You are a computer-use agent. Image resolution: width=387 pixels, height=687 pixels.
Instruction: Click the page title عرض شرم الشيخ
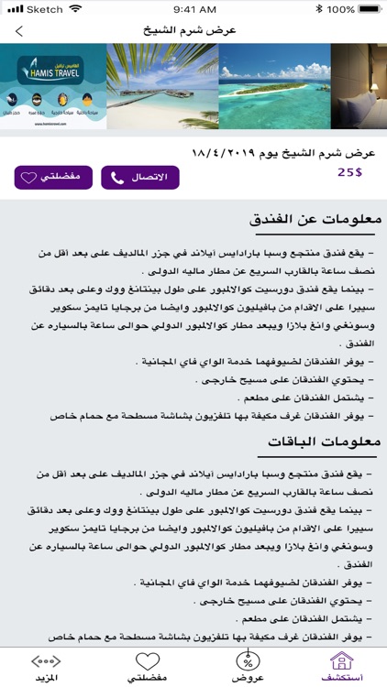(193, 30)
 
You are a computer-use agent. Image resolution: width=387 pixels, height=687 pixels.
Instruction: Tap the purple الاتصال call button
(139, 177)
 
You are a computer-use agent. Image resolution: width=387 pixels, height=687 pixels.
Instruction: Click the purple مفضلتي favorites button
(53, 177)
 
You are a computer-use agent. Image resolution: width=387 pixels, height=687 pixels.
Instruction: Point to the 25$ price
(350, 171)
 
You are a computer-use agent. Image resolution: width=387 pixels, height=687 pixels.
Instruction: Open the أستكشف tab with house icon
(340, 667)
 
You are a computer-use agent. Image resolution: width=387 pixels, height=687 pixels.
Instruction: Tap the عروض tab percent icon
(245, 661)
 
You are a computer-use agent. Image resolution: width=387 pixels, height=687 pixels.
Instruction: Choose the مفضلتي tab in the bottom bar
(147, 667)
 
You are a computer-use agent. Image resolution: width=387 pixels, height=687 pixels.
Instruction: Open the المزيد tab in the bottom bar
(46, 667)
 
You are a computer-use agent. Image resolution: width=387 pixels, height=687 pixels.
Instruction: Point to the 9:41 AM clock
(193, 9)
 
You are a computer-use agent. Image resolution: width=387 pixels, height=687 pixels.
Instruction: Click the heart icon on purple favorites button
(28, 178)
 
